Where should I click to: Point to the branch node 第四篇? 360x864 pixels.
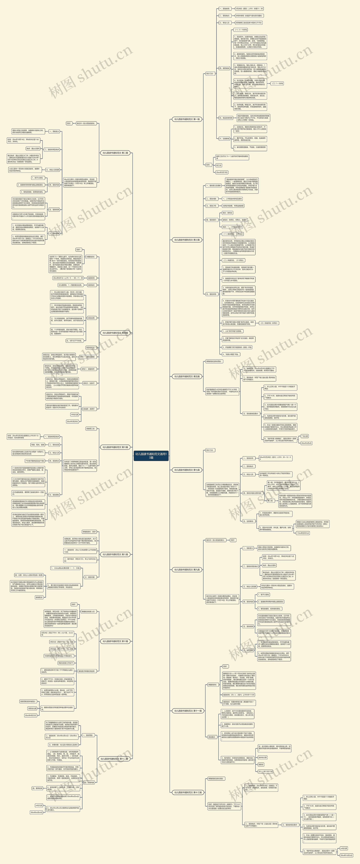115,333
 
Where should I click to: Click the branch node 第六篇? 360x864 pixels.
115,447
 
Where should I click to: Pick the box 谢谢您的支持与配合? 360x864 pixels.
28,701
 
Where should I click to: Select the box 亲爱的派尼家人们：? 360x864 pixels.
89,611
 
